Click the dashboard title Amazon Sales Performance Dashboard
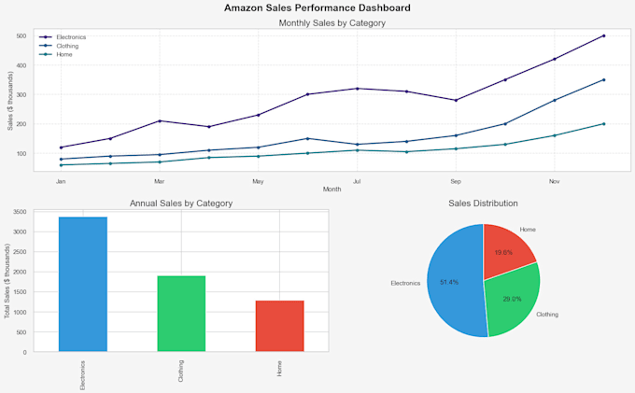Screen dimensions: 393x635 [317, 7]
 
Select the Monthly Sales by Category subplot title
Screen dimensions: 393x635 [332, 22]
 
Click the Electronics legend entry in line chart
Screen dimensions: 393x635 [71, 36]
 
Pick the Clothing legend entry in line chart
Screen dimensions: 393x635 [67, 45]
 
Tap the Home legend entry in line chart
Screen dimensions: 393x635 [64, 54]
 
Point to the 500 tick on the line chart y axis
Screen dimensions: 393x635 [21, 35]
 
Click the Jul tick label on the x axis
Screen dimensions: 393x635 [357, 181]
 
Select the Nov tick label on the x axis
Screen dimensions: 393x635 [554, 181]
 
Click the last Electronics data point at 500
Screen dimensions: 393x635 [603, 35]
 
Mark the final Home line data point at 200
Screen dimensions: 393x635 [603, 123]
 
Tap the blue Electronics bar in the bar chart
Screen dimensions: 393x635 [83, 285]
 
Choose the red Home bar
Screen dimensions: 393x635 [279, 327]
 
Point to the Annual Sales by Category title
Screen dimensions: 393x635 [181, 203]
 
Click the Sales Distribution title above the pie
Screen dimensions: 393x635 [483, 203]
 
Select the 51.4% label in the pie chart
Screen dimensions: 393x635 [449, 282]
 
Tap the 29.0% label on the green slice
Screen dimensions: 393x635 [512, 299]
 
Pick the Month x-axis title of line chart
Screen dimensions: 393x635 [332, 189]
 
